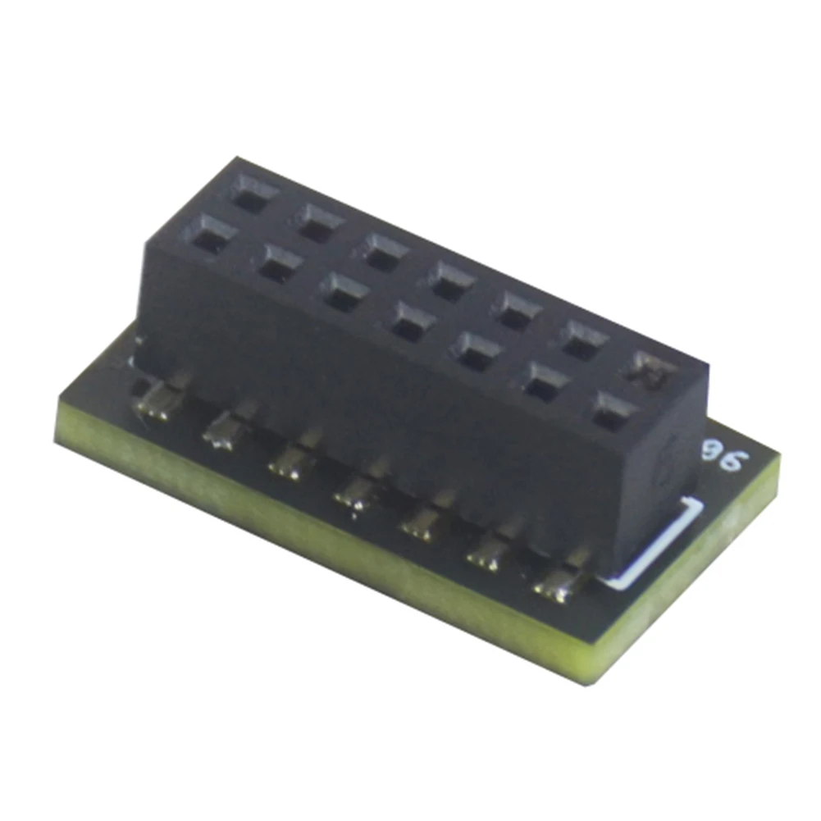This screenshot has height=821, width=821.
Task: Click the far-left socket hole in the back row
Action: click(x=251, y=195)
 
